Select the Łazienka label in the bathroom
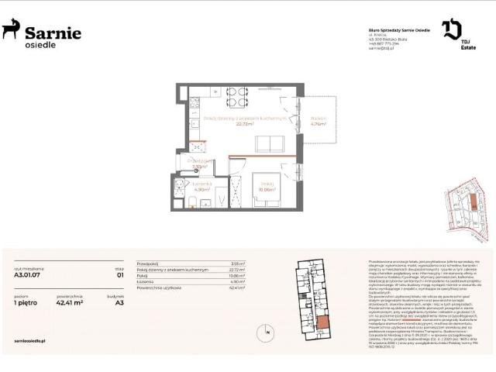point(201,186)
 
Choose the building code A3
point(119,305)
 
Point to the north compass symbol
point(267,334)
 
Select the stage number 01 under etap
point(119,274)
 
